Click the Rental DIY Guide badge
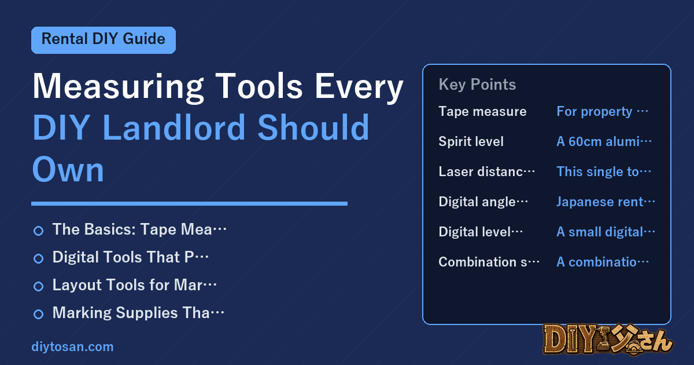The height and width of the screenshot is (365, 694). [104, 40]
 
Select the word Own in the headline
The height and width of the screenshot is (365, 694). [68, 169]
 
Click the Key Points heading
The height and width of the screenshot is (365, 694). [477, 85]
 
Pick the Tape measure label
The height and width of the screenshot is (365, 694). [482, 111]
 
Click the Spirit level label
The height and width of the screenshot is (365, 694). [471, 141]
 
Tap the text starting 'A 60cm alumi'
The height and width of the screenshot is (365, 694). [604, 141]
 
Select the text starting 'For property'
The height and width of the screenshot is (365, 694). [602, 111]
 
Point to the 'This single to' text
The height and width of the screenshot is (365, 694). [604, 171]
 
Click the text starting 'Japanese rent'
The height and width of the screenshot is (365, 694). [606, 202]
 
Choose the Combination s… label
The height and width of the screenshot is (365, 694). [489, 262]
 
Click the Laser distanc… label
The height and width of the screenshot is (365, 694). [487, 171]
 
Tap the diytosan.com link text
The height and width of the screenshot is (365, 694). [72, 346]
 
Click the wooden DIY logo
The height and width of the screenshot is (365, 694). [608, 340]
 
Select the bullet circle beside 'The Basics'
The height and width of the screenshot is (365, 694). [38, 231]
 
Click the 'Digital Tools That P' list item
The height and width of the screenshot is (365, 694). [131, 257]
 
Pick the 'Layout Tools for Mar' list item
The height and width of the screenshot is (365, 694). [134, 285]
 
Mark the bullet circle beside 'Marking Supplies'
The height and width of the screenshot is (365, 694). [38, 314]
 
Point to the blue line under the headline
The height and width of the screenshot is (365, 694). [189, 203]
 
